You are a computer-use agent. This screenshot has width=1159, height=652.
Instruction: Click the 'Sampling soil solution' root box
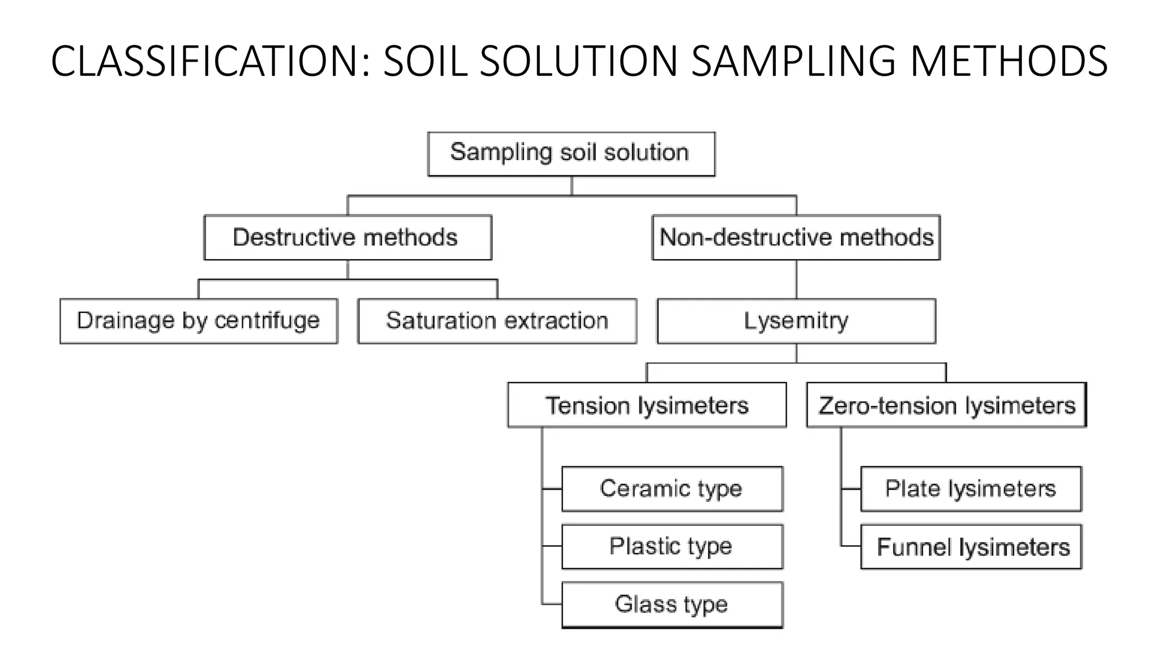571,154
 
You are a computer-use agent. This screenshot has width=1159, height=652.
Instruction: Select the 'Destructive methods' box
347,238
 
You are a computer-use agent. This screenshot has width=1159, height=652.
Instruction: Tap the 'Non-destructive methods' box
796,238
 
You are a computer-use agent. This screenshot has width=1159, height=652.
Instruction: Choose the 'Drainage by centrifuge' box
199,321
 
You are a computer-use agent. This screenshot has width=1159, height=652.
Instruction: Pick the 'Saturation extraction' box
497,321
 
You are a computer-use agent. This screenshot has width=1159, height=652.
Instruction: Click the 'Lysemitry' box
796,321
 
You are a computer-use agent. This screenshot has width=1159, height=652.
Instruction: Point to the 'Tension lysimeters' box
647,405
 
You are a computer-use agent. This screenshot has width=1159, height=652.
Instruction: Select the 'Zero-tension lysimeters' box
946,405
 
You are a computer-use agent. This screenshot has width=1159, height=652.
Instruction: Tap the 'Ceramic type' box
672,489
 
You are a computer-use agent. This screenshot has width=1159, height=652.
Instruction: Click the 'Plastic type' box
672,547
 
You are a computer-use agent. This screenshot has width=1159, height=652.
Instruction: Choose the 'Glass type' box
672,604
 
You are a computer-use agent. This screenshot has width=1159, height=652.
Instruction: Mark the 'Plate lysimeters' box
971,489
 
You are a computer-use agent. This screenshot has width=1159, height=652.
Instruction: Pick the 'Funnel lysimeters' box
971,547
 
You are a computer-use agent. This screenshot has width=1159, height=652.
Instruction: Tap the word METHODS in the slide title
1008,61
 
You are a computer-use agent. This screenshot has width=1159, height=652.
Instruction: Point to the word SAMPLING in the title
793,61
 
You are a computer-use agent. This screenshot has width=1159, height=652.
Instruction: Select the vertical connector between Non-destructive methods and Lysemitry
796,279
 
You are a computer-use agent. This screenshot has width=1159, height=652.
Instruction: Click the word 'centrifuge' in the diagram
267,321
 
